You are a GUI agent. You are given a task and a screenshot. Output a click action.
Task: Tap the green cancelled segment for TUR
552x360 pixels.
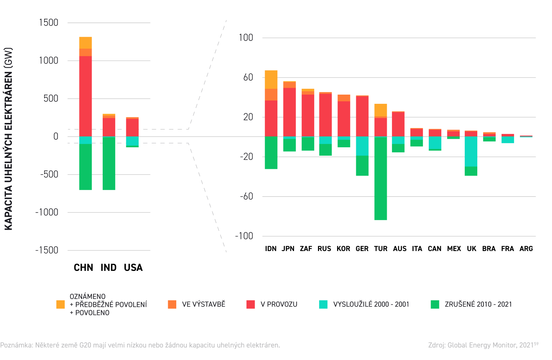click(x=381, y=179)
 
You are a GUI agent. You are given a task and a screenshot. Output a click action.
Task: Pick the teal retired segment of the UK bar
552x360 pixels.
click(x=471, y=151)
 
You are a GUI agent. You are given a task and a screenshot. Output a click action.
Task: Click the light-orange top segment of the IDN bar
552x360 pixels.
click(x=271, y=80)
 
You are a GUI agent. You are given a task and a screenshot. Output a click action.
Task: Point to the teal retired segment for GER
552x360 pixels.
click(x=362, y=146)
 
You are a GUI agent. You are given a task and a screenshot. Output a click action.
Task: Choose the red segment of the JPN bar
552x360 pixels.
click(x=290, y=112)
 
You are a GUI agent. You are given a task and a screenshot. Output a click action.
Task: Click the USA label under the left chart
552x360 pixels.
click(x=133, y=268)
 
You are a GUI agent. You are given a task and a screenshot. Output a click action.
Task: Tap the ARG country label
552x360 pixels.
click(x=526, y=249)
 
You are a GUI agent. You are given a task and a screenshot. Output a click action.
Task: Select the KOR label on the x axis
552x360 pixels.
click(x=343, y=249)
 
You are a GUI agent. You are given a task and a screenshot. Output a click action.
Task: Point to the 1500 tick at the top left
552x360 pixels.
click(x=49, y=23)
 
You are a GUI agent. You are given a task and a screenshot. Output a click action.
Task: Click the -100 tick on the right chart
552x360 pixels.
click(x=244, y=236)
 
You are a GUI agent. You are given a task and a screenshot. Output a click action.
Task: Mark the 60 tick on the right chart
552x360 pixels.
click(x=248, y=77)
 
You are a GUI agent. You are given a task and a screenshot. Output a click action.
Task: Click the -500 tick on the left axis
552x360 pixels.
click(x=49, y=174)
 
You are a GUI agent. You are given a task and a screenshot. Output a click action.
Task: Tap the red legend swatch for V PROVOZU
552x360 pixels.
click(x=251, y=304)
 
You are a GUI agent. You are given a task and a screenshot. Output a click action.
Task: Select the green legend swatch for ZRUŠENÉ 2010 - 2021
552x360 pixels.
click(x=435, y=304)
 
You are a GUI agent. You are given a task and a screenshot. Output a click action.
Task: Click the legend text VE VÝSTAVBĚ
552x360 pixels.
click(x=204, y=304)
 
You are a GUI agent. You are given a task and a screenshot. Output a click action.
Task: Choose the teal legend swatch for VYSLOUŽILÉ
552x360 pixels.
click(x=323, y=304)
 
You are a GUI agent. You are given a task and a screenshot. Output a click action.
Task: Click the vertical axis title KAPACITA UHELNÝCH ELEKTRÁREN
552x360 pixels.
click(x=8, y=139)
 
